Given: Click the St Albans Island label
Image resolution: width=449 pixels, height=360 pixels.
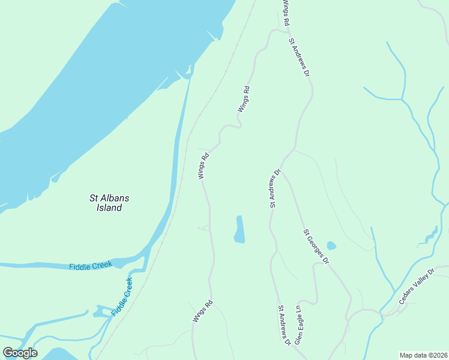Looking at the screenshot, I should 109,203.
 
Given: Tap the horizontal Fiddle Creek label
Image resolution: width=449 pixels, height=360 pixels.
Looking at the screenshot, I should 90,266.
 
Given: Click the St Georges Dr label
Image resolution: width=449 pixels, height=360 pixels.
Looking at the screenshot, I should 316,247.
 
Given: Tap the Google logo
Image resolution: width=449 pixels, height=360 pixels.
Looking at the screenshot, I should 20,353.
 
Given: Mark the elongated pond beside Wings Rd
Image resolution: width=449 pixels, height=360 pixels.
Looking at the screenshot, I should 240,230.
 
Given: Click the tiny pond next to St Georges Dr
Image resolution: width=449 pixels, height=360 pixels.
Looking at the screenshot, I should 331,245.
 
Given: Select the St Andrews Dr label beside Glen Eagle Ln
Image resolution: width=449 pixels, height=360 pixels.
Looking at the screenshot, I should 283,325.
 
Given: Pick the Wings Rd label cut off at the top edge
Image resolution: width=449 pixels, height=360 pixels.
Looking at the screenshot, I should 286,12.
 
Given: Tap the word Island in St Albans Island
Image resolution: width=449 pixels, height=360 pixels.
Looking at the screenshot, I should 109,208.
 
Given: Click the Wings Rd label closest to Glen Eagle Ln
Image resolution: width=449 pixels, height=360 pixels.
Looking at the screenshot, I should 203,311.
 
